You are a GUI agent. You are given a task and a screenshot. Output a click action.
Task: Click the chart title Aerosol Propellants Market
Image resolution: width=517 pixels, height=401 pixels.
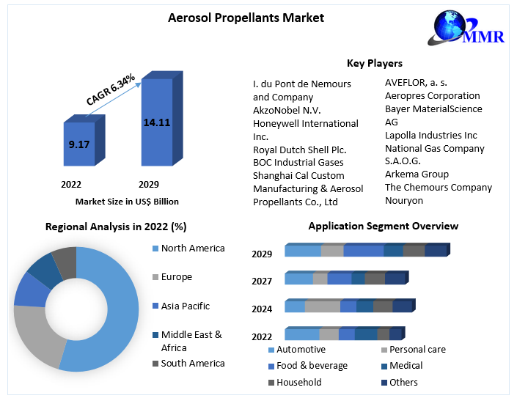point(246,17)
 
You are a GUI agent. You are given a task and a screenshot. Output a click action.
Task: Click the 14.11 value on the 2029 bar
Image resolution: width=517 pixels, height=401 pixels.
point(156,122)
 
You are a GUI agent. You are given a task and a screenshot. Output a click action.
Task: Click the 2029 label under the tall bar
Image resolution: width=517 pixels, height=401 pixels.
point(149,184)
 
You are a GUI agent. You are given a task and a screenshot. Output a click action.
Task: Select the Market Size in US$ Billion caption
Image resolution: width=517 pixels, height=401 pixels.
point(127,201)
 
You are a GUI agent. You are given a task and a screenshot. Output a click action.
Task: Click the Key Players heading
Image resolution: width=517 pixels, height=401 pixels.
point(374,64)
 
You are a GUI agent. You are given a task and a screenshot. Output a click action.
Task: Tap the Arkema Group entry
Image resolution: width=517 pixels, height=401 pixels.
point(417,174)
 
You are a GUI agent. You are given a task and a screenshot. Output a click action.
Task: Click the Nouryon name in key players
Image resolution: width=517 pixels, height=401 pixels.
point(404,201)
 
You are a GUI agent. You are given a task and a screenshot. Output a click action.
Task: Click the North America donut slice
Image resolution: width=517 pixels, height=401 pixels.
point(117,308)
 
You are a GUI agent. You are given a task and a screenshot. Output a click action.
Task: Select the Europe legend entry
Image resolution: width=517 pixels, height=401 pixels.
point(176,277)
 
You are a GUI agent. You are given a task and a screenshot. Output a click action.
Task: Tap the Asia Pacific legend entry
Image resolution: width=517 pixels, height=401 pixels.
point(185,306)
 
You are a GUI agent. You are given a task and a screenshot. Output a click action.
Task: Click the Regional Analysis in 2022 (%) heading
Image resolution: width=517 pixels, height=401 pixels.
point(116,227)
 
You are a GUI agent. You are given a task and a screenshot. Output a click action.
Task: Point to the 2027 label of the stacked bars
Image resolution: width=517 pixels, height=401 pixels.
point(262,281)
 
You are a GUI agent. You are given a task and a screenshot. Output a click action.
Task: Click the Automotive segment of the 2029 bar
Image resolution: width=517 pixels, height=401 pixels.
point(303,251)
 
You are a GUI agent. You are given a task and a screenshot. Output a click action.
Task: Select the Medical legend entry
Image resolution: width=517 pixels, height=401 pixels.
point(406,366)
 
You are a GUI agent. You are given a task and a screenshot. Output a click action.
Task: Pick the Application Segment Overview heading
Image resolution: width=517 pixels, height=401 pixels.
point(383,226)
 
